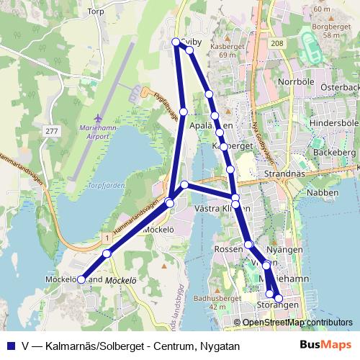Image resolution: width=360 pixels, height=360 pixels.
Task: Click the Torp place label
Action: [x=95, y=12]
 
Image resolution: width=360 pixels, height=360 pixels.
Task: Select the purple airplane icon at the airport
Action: [x=98, y=117]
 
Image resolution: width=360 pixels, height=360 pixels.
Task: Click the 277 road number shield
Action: [x=50, y=130]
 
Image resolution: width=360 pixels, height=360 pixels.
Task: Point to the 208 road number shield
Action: [x=278, y=44]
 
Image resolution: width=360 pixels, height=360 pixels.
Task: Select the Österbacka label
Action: [x=340, y=87]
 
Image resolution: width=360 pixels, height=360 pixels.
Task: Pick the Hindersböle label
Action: [x=333, y=123]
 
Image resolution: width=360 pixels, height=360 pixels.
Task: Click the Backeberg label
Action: [x=336, y=153]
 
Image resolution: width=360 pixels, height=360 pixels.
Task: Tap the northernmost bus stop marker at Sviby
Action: [x=176, y=42]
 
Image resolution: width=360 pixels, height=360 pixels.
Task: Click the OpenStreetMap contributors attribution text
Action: [x=297, y=323]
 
